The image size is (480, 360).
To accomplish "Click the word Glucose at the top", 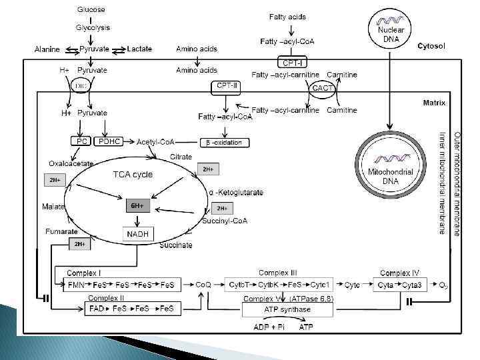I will pos(91,10).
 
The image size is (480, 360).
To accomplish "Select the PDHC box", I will pos(109,141).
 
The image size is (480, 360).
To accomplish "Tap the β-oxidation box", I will pos(225,142).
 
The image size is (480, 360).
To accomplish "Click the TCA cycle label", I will pos(133,175).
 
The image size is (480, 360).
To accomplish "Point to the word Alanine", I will pos(47,49).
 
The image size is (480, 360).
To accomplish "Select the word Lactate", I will pos(139,49).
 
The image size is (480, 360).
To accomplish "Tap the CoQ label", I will pos(203,285).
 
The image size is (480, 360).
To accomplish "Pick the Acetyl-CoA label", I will pos(156,142).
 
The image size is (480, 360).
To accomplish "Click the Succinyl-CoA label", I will pos(225,221).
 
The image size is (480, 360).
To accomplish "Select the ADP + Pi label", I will pos(269,327).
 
